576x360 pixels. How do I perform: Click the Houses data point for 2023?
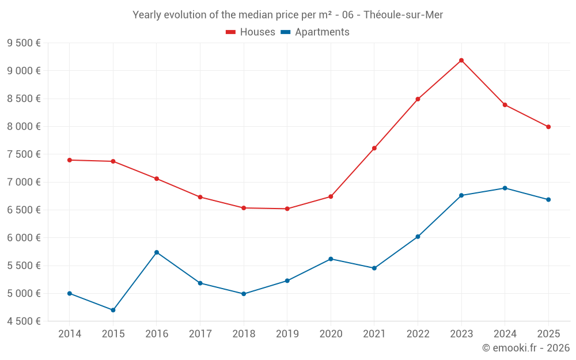[461, 60]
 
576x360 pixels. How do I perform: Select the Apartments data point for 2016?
[157, 252]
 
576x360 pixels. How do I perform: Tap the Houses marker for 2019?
[287, 209]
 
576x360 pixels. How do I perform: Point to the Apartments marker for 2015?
[113, 310]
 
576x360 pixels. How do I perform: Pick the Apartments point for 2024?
[505, 188]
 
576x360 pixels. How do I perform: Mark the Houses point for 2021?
[374, 148]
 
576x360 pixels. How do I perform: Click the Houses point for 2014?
[70, 160]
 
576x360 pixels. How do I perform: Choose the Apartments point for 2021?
[374, 268]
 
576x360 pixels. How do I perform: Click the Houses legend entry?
[251, 32]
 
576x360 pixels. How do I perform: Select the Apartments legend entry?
[316, 32]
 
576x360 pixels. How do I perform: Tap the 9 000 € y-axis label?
[24, 71]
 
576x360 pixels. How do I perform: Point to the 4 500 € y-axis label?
[24, 321]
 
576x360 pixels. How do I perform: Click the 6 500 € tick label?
[24, 210]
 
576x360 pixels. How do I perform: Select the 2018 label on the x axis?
[244, 334]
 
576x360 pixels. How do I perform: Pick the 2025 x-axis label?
[548, 334]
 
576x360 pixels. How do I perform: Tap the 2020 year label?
[331, 334]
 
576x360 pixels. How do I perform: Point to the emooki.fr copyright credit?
[526, 348]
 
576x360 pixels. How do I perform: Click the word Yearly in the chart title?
[147, 15]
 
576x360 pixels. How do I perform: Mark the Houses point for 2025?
[548, 127]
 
